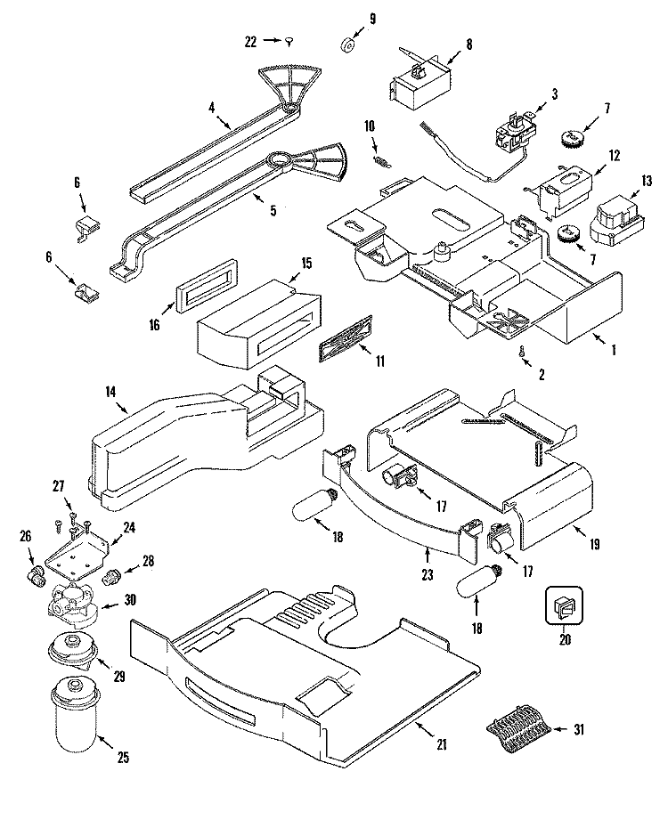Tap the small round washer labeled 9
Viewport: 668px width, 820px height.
click(347, 46)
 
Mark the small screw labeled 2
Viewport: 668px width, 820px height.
click(523, 353)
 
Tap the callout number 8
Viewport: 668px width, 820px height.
click(468, 44)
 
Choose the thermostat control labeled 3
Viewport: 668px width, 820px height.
click(511, 134)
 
